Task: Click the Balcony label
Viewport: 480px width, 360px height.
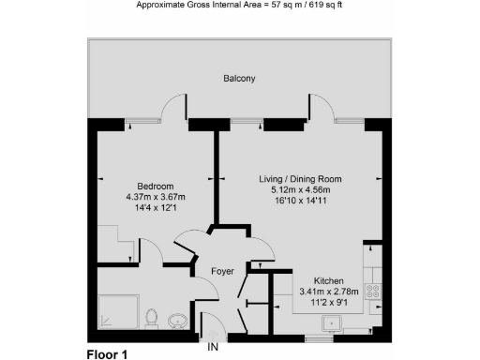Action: pos(239,79)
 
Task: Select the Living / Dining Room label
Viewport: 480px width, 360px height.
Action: pos(300,179)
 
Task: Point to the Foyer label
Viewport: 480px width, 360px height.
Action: pos(222,271)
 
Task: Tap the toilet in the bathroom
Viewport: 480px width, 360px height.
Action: pos(152,318)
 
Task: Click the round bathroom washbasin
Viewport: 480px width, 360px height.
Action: pos(178,323)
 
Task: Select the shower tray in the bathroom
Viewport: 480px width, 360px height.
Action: pos(119,314)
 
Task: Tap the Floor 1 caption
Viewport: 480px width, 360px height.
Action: pos(106,354)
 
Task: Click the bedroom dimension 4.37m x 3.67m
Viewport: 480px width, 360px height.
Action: pos(156,197)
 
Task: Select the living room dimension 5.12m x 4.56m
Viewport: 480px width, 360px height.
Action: pos(300,189)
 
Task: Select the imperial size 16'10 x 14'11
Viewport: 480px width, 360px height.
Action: pos(300,201)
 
